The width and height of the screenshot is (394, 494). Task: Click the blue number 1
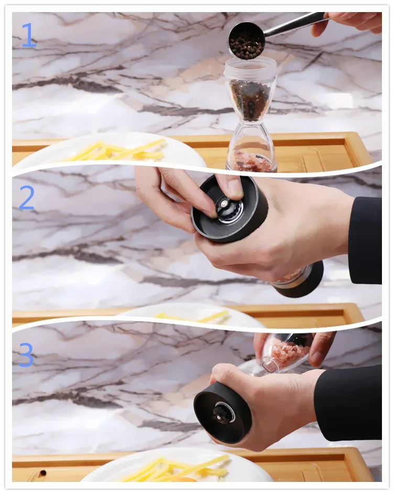click(29, 35)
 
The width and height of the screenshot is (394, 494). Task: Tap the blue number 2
click(26, 197)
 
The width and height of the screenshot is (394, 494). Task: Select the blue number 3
click(26, 355)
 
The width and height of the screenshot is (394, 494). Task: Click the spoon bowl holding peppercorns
click(246, 42)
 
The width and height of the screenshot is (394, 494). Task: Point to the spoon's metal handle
click(295, 25)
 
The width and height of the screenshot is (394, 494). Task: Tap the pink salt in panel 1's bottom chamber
click(252, 160)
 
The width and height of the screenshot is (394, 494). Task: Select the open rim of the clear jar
click(250, 63)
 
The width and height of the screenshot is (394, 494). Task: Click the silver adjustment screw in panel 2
click(223, 203)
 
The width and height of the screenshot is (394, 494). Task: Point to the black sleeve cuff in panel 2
click(365, 240)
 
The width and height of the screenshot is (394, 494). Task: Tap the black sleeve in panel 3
click(349, 403)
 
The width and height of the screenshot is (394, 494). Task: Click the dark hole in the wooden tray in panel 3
click(42, 473)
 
